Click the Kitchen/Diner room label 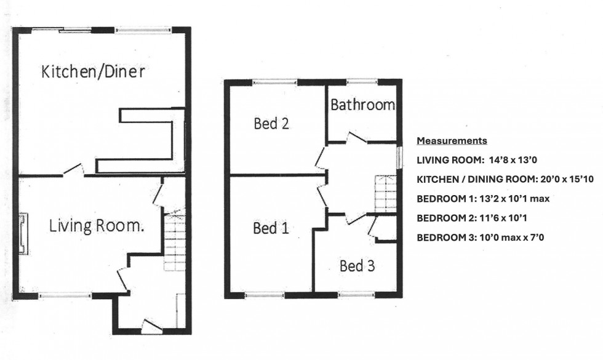[94, 71]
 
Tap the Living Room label [97, 226]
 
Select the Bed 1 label [271, 228]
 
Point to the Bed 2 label [271, 124]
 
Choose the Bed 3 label [357, 266]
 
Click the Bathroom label [362, 105]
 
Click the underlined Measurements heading [452, 141]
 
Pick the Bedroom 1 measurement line [483, 199]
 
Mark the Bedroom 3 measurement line [481, 238]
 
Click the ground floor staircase [175, 241]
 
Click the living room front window [65, 295]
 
